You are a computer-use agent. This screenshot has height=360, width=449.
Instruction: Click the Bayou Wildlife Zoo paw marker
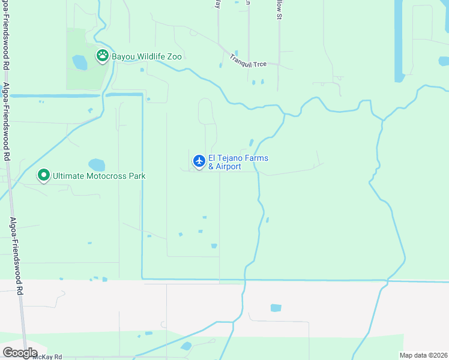point(103,56)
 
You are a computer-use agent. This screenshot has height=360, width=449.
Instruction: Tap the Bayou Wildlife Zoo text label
point(146,57)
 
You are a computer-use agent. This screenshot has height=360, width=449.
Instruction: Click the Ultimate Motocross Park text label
point(99,176)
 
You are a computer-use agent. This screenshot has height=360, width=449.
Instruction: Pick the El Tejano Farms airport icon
point(199,161)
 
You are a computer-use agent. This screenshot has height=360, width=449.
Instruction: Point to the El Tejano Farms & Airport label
point(238,162)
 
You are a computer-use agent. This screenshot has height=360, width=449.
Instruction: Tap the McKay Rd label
point(47,356)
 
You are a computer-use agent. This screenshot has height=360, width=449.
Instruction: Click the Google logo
point(20,353)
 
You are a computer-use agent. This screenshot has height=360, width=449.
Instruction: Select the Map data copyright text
point(423,355)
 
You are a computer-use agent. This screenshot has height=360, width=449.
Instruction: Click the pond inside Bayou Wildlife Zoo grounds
point(79,62)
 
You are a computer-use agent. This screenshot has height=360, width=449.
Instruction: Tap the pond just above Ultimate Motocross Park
point(97,164)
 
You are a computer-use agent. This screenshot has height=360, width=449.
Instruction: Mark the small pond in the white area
point(276,308)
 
